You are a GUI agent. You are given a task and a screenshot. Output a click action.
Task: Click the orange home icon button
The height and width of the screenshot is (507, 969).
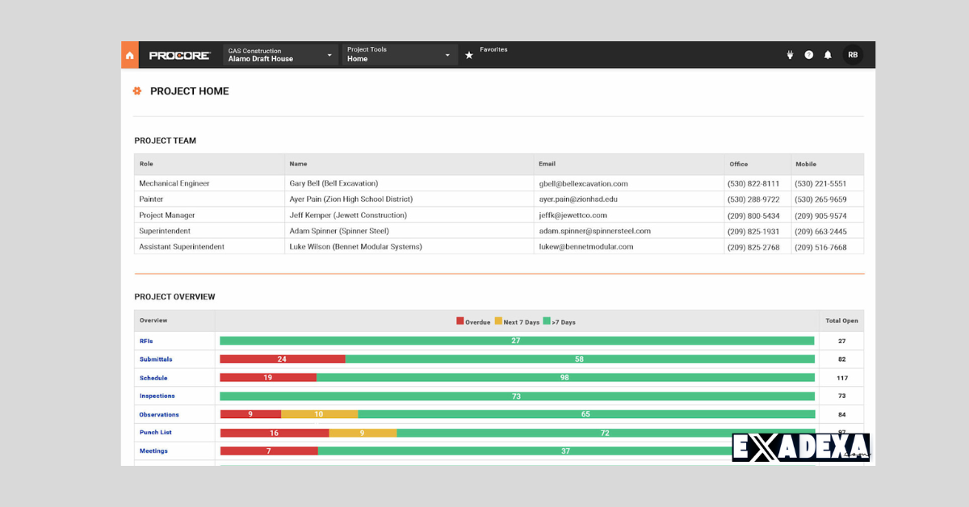click(x=129, y=55)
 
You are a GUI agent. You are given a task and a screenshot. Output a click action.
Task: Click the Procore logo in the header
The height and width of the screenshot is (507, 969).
click(x=179, y=55)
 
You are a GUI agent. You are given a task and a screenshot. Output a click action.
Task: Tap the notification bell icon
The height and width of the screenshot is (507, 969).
click(x=828, y=55)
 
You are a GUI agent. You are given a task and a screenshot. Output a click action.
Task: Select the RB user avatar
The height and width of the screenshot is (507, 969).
click(x=853, y=55)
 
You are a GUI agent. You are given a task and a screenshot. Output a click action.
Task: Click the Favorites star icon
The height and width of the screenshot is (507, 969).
click(x=469, y=55)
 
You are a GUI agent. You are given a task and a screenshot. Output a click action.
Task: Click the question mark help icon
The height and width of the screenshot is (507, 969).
click(x=808, y=55)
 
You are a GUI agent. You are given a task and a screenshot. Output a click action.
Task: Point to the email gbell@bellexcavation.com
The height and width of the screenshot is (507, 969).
click(x=583, y=183)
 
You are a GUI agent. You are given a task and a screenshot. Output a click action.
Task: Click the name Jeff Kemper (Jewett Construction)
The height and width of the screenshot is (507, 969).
click(x=348, y=216)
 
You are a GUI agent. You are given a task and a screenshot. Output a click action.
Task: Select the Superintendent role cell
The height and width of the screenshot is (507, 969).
click(x=165, y=231)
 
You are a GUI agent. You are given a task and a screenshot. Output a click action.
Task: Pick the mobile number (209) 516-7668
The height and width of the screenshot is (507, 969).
click(x=820, y=247)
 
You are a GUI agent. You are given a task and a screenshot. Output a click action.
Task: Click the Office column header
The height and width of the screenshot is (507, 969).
click(x=738, y=164)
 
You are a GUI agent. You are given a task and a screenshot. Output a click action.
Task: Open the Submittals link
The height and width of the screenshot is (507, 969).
click(x=156, y=359)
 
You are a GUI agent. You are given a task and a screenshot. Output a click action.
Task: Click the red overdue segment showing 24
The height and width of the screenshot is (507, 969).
click(x=282, y=359)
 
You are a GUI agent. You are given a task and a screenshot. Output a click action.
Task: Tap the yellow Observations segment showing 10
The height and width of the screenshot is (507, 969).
click(x=319, y=414)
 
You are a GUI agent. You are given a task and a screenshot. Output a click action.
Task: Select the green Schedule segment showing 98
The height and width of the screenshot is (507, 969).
click(x=564, y=378)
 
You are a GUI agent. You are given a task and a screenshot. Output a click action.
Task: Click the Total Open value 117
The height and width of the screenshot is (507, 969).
click(x=841, y=378)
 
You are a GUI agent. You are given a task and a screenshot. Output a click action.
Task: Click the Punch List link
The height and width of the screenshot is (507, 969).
click(x=155, y=433)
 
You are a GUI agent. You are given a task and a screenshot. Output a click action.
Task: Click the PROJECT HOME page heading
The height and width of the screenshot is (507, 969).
click(x=189, y=91)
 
